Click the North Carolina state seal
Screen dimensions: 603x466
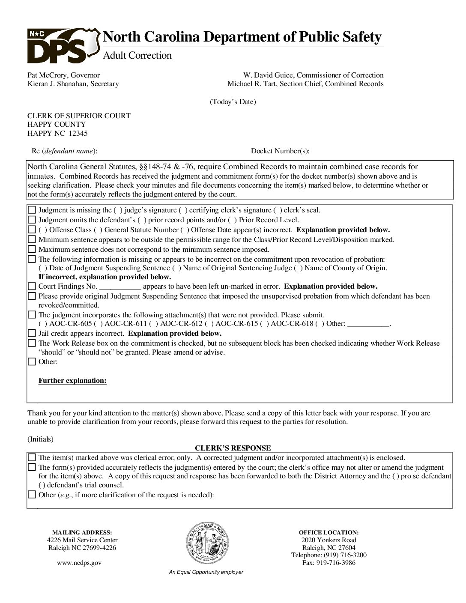(x=206, y=543)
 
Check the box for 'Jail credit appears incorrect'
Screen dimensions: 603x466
(x=32, y=333)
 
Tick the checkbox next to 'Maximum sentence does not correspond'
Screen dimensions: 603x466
(x=32, y=249)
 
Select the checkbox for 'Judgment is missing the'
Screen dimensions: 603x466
(x=32, y=210)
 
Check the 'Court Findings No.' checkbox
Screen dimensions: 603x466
(x=32, y=287)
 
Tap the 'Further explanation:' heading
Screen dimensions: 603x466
(x=72, y=380)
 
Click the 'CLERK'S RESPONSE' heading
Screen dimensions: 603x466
(x=233, y=448)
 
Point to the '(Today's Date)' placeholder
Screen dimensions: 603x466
(x=233, y=102)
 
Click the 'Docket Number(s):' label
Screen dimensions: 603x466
(x=280, y=151)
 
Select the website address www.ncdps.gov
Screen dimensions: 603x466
(x=79, y=563)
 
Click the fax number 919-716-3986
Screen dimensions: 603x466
(x=329, y=563)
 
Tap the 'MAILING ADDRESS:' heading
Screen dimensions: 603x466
(x=82, y=532)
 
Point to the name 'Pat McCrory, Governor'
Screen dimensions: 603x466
(x=63, y=75)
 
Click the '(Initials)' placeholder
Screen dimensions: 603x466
(x=40, y=439)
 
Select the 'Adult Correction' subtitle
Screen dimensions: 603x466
(x=137, y=56)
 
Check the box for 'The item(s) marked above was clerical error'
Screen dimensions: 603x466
(x=32, y=457)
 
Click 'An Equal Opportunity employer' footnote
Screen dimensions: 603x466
(x=206, y=572)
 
